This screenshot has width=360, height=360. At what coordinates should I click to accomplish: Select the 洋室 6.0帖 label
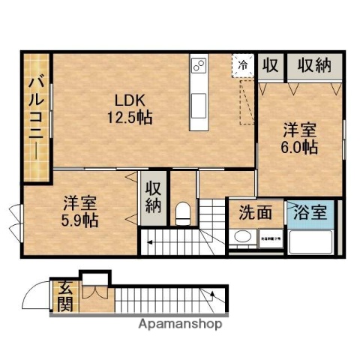[300, 136]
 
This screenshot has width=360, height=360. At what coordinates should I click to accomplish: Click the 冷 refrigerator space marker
[243, 64]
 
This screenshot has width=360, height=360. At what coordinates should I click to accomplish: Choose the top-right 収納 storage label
[313, 65]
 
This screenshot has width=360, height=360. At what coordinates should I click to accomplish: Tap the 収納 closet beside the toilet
[154, 197]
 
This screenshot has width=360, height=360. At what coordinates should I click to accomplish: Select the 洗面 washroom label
[256, 212]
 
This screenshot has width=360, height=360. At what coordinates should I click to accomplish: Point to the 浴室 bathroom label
[310, 212]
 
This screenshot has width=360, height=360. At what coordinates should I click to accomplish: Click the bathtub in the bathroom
[310, 241]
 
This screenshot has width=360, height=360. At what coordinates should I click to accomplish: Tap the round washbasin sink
[242, 238]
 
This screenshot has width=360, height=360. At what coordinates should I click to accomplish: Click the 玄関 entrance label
[65, 297]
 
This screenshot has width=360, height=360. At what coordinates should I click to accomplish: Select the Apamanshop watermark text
[179, 325]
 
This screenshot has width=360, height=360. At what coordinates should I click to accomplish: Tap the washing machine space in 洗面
[270, 238]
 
